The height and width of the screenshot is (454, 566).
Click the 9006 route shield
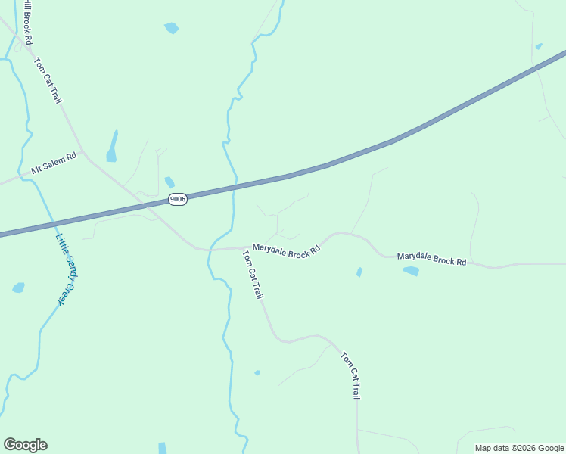(177, 199)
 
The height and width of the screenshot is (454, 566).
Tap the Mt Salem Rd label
(54, 163)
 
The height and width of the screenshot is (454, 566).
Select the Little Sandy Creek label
(67, 269)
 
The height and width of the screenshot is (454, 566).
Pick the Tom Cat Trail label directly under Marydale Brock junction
(253, 275)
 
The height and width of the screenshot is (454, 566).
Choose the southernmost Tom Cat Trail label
(350, 375)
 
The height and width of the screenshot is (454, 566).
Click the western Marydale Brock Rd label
(287, 251)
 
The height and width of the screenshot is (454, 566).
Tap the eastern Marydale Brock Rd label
(431, 258)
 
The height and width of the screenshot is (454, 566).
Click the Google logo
(25, 445)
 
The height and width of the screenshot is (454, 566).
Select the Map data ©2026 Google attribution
(520, 448)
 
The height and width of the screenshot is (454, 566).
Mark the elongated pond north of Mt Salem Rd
(113, 147)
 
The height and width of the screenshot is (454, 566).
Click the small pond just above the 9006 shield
(169, 182)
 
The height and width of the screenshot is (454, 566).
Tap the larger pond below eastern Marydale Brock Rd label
(411, 271)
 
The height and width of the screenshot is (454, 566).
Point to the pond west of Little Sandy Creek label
(18, 288)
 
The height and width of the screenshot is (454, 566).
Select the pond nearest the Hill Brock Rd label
(171, 29)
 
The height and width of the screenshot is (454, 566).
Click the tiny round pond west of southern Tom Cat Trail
(257, 372)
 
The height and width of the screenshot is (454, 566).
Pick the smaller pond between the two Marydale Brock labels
(359, 272)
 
